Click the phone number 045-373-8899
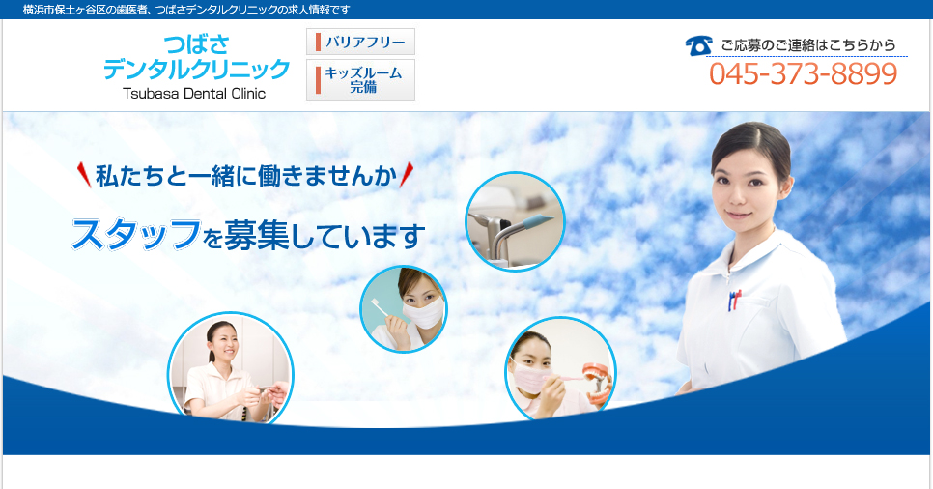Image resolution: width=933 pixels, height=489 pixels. pos(803,73)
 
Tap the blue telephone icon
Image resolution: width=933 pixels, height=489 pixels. pos(698,45)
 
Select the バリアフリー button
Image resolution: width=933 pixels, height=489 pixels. pos(360,42)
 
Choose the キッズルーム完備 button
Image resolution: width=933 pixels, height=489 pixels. pos(360,80)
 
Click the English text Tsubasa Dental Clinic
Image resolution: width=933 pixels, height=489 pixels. pos(194,94)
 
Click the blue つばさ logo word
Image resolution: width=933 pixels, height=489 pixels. pos(196,44)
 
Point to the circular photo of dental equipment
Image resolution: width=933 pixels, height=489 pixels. pos(515,221)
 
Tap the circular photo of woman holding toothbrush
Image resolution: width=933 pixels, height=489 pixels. pos(404,309)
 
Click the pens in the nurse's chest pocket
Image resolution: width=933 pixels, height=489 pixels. pos(734,301)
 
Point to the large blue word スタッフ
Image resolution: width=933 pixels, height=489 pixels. pos(136,234)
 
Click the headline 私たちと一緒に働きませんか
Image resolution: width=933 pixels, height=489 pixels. pos(245,176)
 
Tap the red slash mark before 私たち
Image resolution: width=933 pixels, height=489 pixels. pos(84,175)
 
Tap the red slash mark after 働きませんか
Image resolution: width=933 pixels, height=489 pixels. pos(407,175)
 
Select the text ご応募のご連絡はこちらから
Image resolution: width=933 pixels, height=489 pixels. pos(808,45)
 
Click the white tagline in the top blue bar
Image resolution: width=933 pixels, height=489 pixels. pos(186,10)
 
